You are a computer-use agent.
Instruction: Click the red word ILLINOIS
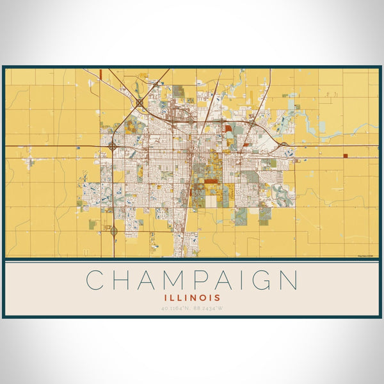(192, 298)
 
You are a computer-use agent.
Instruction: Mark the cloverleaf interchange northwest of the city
(140, 102)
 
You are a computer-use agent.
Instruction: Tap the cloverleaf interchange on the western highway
(113, 147)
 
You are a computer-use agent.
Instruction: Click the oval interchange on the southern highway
(114, 231)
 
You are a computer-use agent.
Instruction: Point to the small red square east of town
(344, 156)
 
